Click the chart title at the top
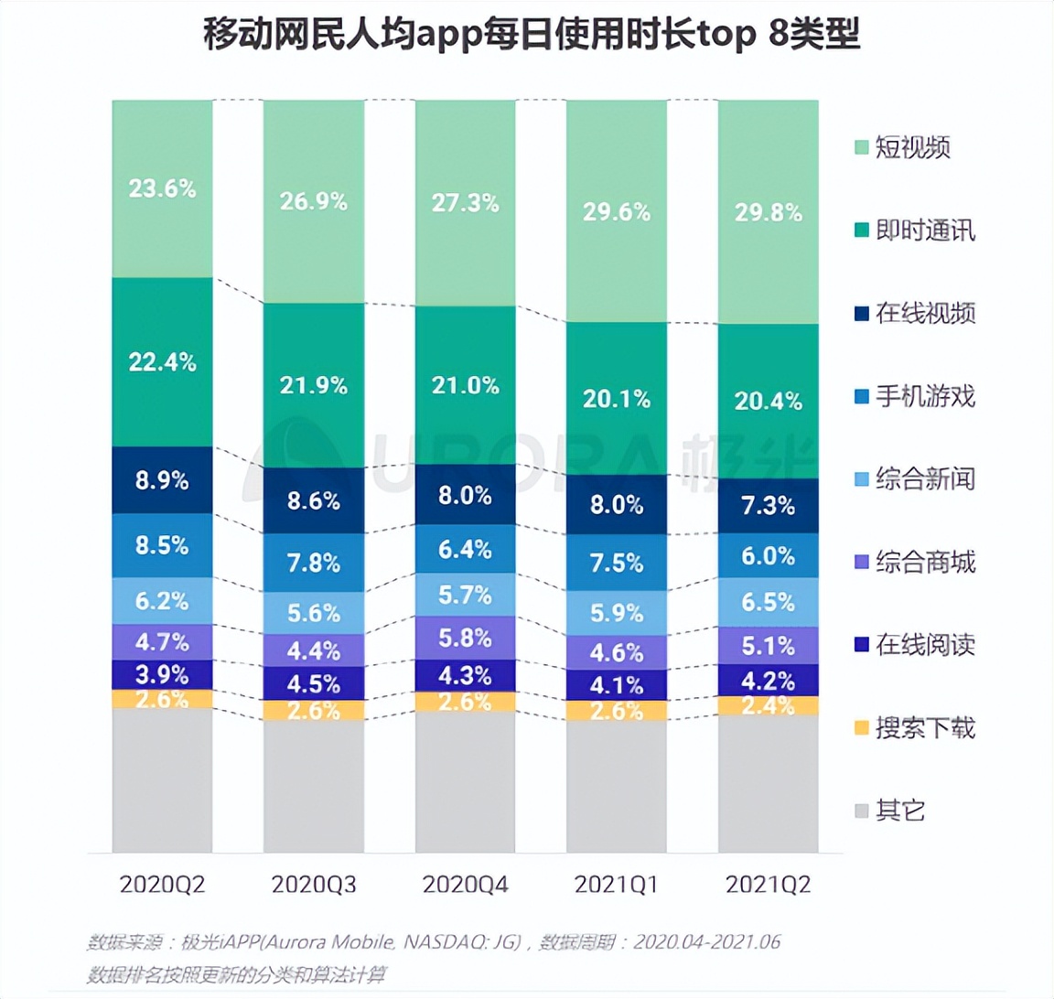click(x=531, y=37)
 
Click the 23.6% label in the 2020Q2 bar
click(x=162, y=188)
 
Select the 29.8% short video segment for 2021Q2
click(x=768, y=212)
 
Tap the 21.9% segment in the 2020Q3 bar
click(x=313, y=385)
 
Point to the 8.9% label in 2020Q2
click(x=162, y=480)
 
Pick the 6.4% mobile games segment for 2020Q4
click(x=465, y=550)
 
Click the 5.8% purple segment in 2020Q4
click(x=465, y=638)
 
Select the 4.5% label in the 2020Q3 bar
click(x=313, y=684)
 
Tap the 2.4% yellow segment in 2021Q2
click(x=768, y=705)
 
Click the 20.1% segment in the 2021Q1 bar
click(x=616, y=399)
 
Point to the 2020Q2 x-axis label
click(x=162, y=885)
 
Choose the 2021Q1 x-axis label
click(x=616, y=885)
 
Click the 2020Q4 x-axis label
click(x=465, y=885)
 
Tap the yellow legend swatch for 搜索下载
click(x=861, y=729)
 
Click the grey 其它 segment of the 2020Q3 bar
click(x=313, y=787)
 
